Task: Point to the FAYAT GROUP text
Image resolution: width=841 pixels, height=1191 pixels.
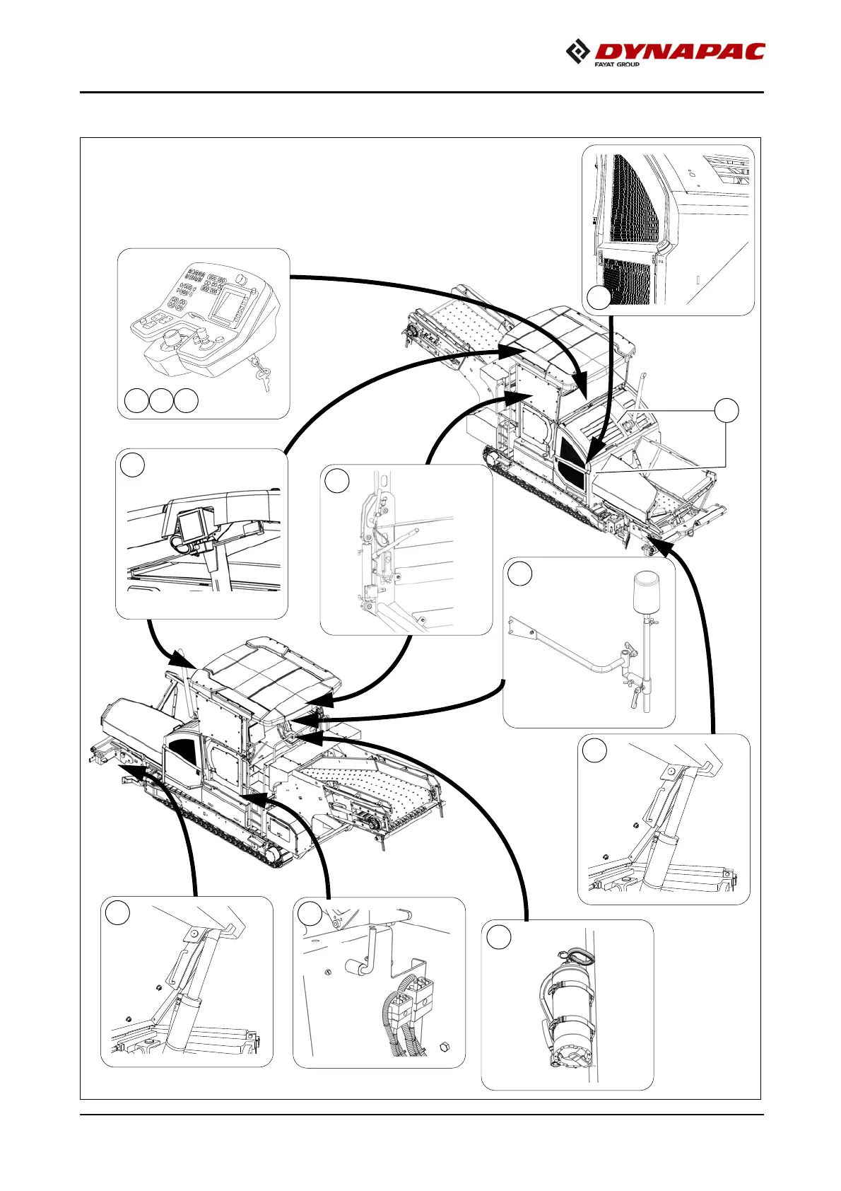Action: [617, 65]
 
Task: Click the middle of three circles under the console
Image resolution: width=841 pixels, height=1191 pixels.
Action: [161, 400]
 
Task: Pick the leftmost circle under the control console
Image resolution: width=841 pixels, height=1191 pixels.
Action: [136, 400]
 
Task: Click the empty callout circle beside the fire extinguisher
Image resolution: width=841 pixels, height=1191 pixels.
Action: [499, 937]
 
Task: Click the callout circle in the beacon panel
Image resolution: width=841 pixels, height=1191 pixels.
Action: [520, 574]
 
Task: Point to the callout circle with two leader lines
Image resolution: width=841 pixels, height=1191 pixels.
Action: [727, 410]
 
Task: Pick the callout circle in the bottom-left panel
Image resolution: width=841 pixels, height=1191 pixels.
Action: [118, 913]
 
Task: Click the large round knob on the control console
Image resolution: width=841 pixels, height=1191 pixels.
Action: [171, 342]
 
